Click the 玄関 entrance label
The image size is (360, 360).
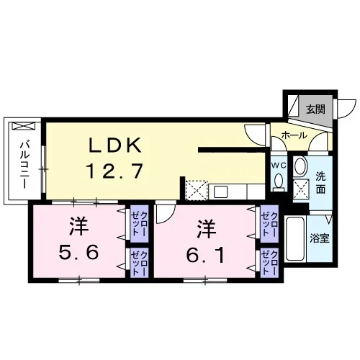point(315,109)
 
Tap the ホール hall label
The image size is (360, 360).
point(294,135)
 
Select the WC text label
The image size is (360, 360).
point(279,166)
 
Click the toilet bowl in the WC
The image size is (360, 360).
point(279,181)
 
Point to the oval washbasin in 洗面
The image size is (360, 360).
point(301,166)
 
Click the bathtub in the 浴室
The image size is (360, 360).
point(295,238)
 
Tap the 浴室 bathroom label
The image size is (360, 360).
point(320,238)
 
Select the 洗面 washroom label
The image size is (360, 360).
point(320,183)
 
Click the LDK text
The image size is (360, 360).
point(115,145)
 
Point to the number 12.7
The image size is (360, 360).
point(114,171)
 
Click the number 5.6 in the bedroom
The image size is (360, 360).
point(78,252)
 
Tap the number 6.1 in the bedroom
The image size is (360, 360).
point(206,255)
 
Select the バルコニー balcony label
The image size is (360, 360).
point(24,165)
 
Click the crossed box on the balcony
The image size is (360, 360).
point(24,126)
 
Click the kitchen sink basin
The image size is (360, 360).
point(221,192)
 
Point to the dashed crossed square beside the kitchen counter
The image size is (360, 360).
point(197,190)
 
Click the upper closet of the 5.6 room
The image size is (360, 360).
point(139,224)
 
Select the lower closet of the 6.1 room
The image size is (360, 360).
point(269,263)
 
